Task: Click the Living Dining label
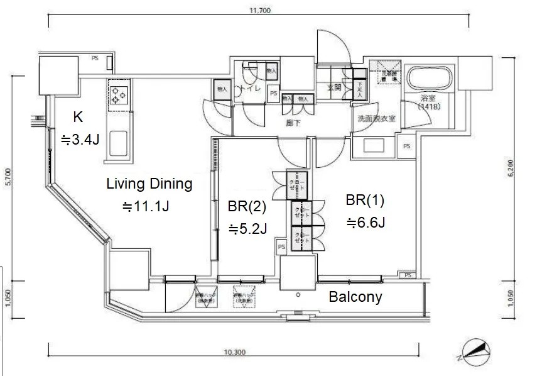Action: tap(149, 185)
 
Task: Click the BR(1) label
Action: tap(364, 201)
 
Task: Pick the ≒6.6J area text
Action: tap(364, 222)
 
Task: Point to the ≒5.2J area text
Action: tap(247, 229)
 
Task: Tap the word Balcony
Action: tap(355, 297)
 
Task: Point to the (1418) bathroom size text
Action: tap(429, 107)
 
